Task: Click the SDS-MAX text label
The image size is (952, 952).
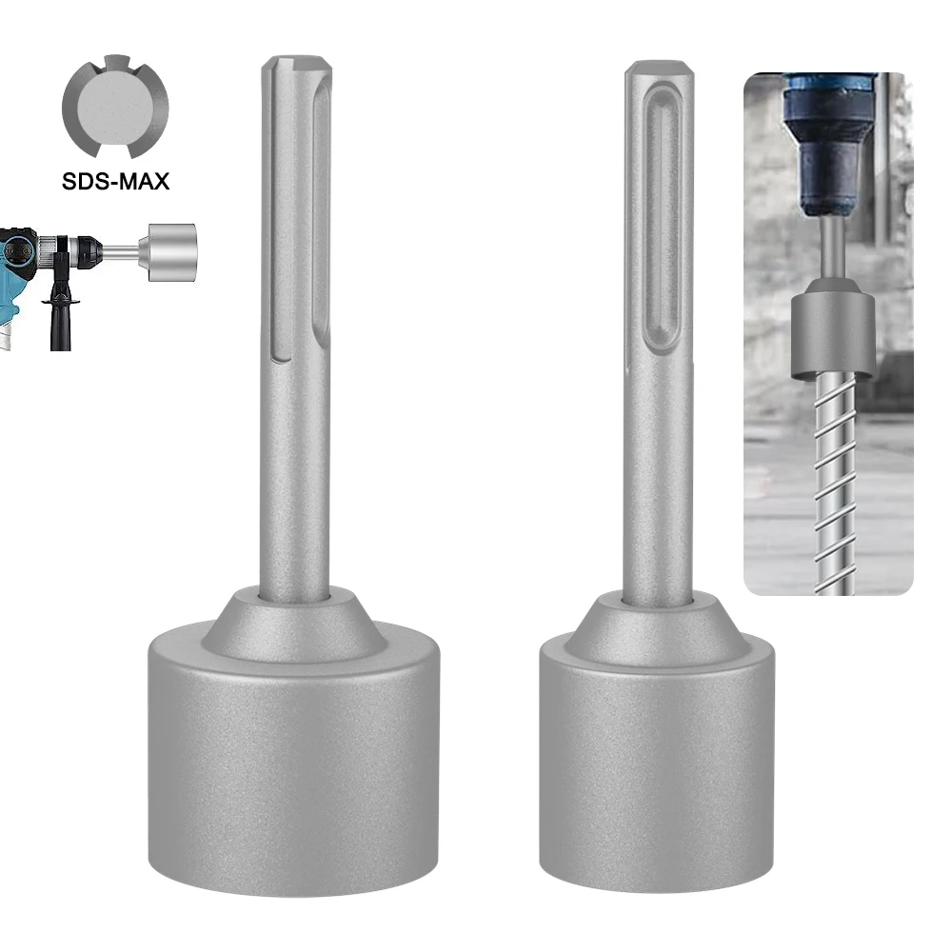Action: (x=116, y=180)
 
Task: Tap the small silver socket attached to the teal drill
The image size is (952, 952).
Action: (x=169, y=253)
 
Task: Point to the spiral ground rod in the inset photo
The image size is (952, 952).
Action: (x=835, y=476)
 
